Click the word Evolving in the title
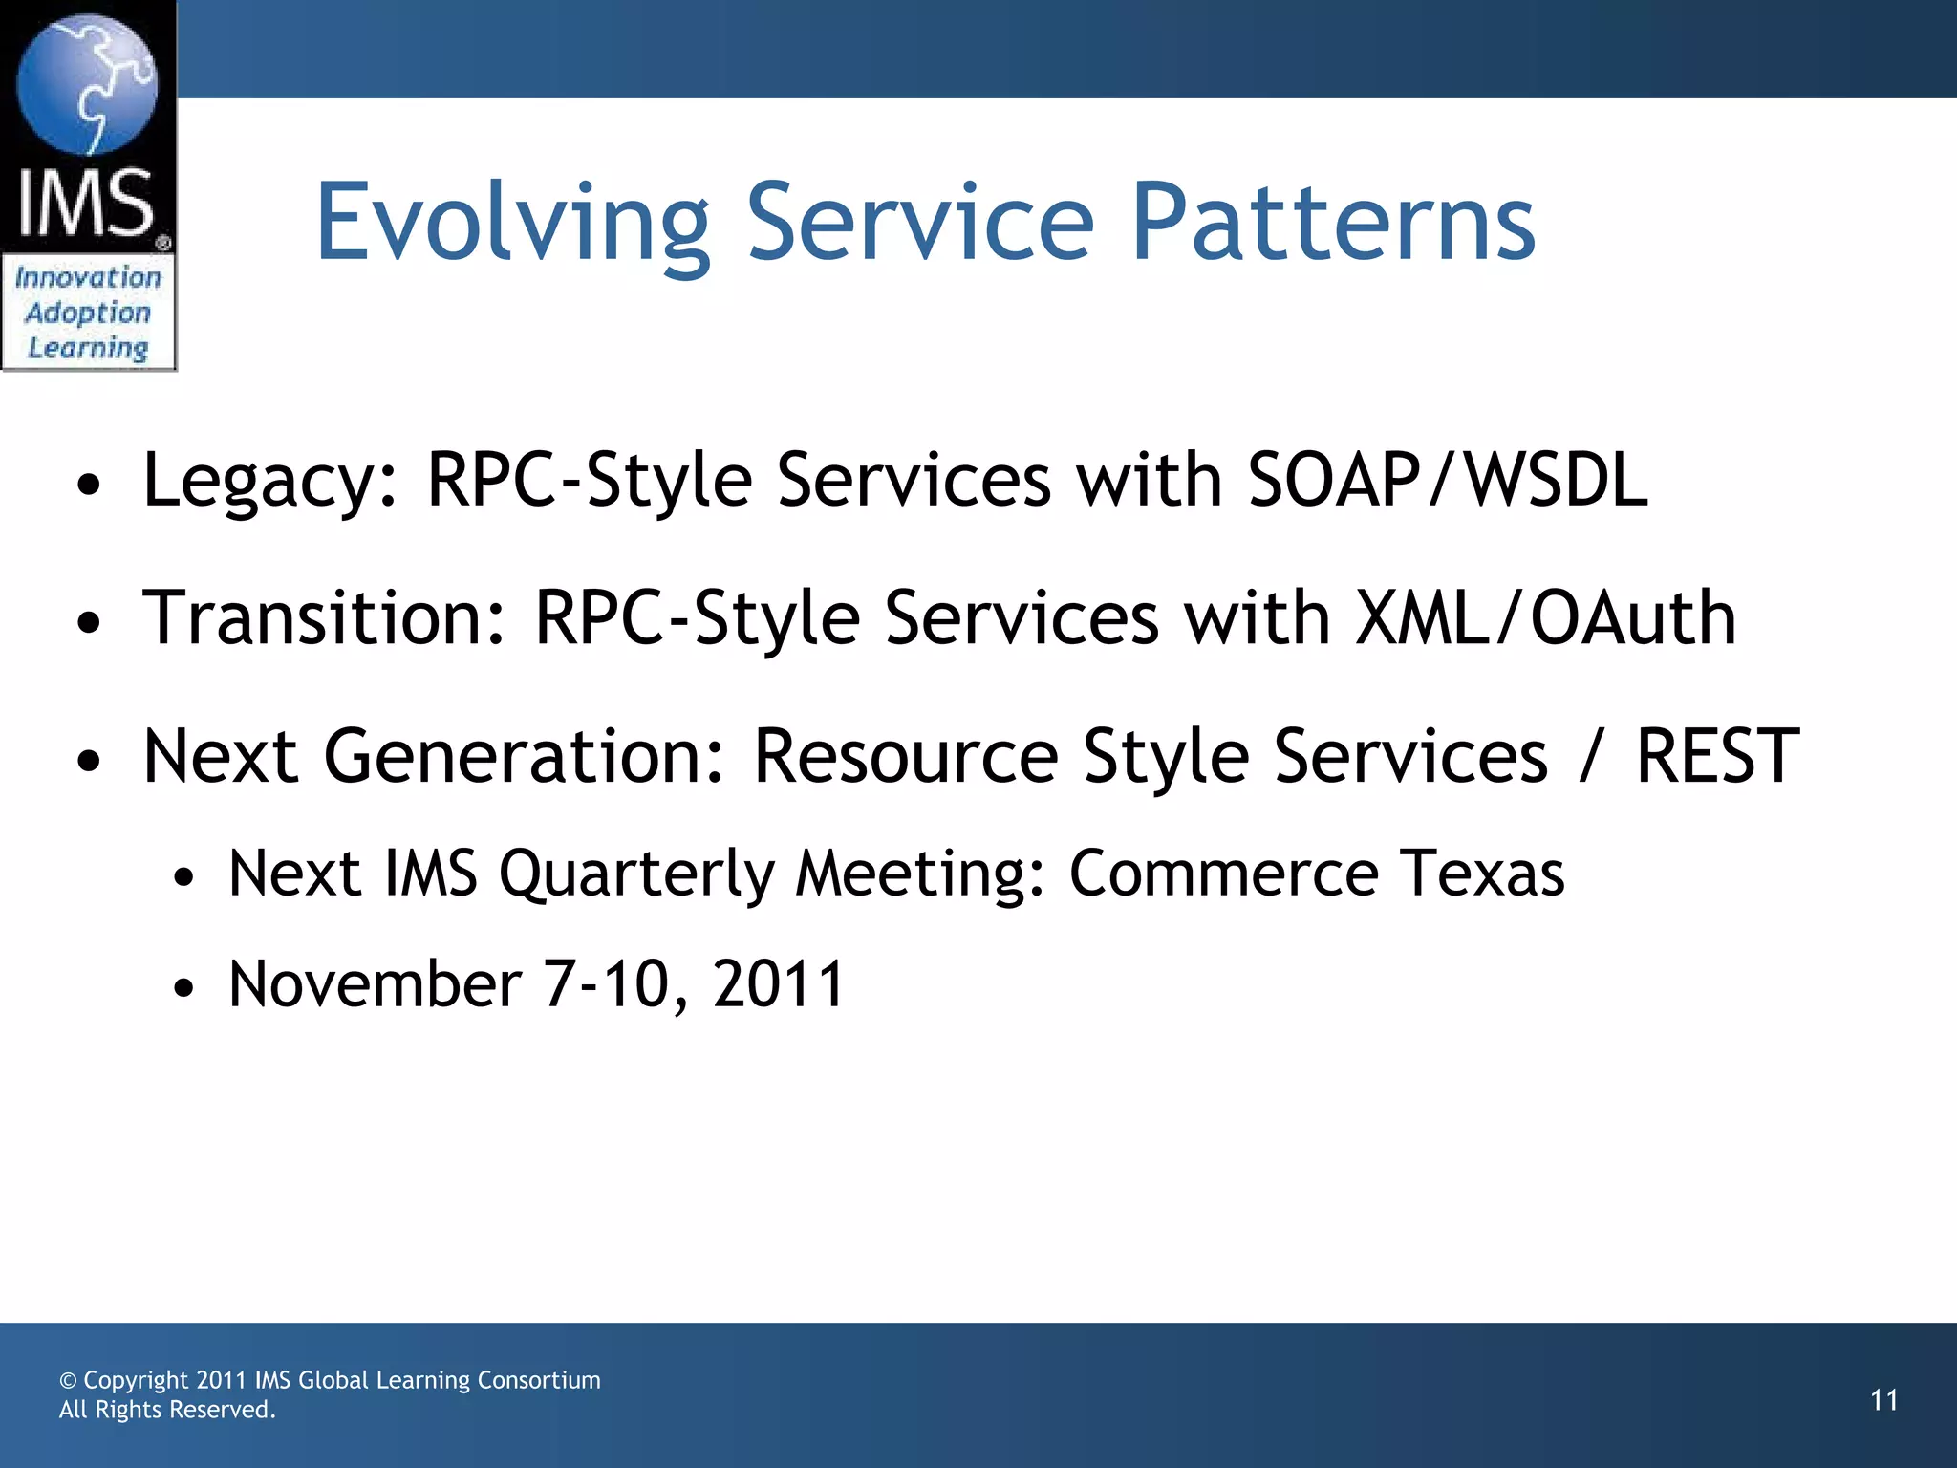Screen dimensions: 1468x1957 pyautogui.click(x=512, y=225)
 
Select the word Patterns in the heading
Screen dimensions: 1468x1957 pyautogui.click(x=1333, y=225)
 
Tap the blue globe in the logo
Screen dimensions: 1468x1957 pyautogui.click(x=87, y=84)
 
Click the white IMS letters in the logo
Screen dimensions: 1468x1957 pyautogui.click(x=86, y=204)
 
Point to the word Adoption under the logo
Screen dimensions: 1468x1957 pyautogui.click(x=88, y=313)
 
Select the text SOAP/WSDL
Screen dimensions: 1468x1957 pyautogui.click(x=1448, y=481)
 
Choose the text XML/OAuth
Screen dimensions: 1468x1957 pyautogui.click(x=1545, y=619)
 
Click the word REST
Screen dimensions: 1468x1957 pyautogui.click(x=1717, y=757)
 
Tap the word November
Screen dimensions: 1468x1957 pyautogui.click(x=375, y=984)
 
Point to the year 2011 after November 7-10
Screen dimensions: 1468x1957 pyautogui.click(x=778, y=984)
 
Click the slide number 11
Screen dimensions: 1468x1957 pyautogui.click(x=1883, y=1401)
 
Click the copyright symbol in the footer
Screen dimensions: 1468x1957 pyautogui.click(x=68, y=1381)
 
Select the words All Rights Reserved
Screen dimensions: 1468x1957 pyautogui.click(x=167, y=1410)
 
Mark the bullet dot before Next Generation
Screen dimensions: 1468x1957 pyautogui.click(x=89, y=762)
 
